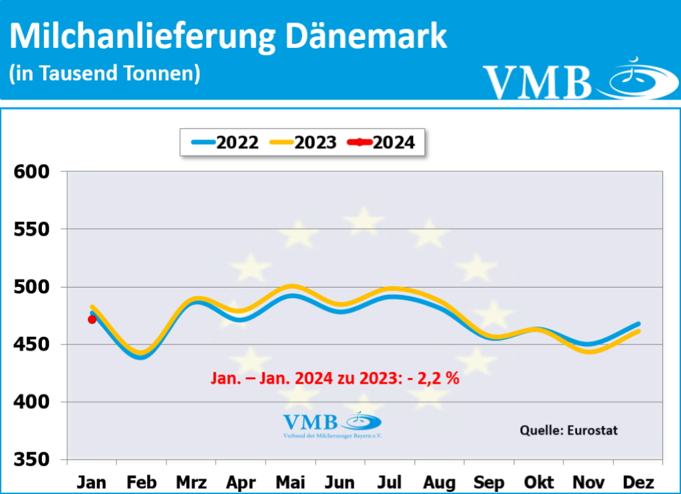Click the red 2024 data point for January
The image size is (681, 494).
(x=92, y=319)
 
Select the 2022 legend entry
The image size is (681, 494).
(x=224, y=141)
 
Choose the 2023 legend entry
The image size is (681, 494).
(x=303, y=141)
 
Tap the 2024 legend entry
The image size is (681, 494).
(x=384, y=141)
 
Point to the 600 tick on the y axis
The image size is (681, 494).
(x=31, y=172)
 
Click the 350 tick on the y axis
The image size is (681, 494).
(x=31, y=459)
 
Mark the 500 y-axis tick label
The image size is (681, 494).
(x=31, y=287)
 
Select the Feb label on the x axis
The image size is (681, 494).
(x=142, y=481)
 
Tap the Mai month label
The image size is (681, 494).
(x=291, y=481)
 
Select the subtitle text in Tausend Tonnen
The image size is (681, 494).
(x=104, y=72)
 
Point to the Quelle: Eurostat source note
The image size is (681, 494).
(x=568, y=430)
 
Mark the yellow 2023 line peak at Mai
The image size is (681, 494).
(x=291, y=286)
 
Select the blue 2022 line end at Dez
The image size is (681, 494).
(x=638, y=324)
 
